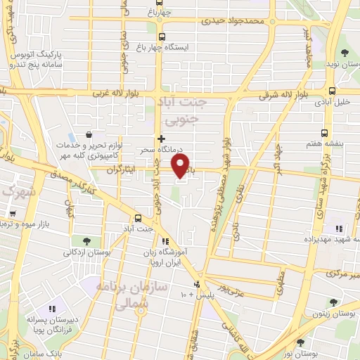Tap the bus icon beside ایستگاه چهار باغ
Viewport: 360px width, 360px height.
click(162, 37)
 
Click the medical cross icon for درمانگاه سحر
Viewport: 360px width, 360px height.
click(162, 139)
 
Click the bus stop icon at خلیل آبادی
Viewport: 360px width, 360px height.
click(332, 90)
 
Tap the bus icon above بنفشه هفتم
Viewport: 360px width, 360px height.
click(324, 132)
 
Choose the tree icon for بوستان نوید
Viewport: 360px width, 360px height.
click(344, 53)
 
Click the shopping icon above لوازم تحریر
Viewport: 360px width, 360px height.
click(89, 134)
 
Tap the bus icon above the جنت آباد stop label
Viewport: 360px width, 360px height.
click(138, 218)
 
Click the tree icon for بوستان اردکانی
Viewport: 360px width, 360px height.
click(84, 241)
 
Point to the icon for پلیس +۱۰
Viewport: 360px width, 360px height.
click(196, 285)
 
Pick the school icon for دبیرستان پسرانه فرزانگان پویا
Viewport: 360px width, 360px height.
click(51, 309)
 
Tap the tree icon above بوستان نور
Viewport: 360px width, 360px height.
click(301, 342)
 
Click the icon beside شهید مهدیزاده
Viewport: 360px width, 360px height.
click(339, 228)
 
